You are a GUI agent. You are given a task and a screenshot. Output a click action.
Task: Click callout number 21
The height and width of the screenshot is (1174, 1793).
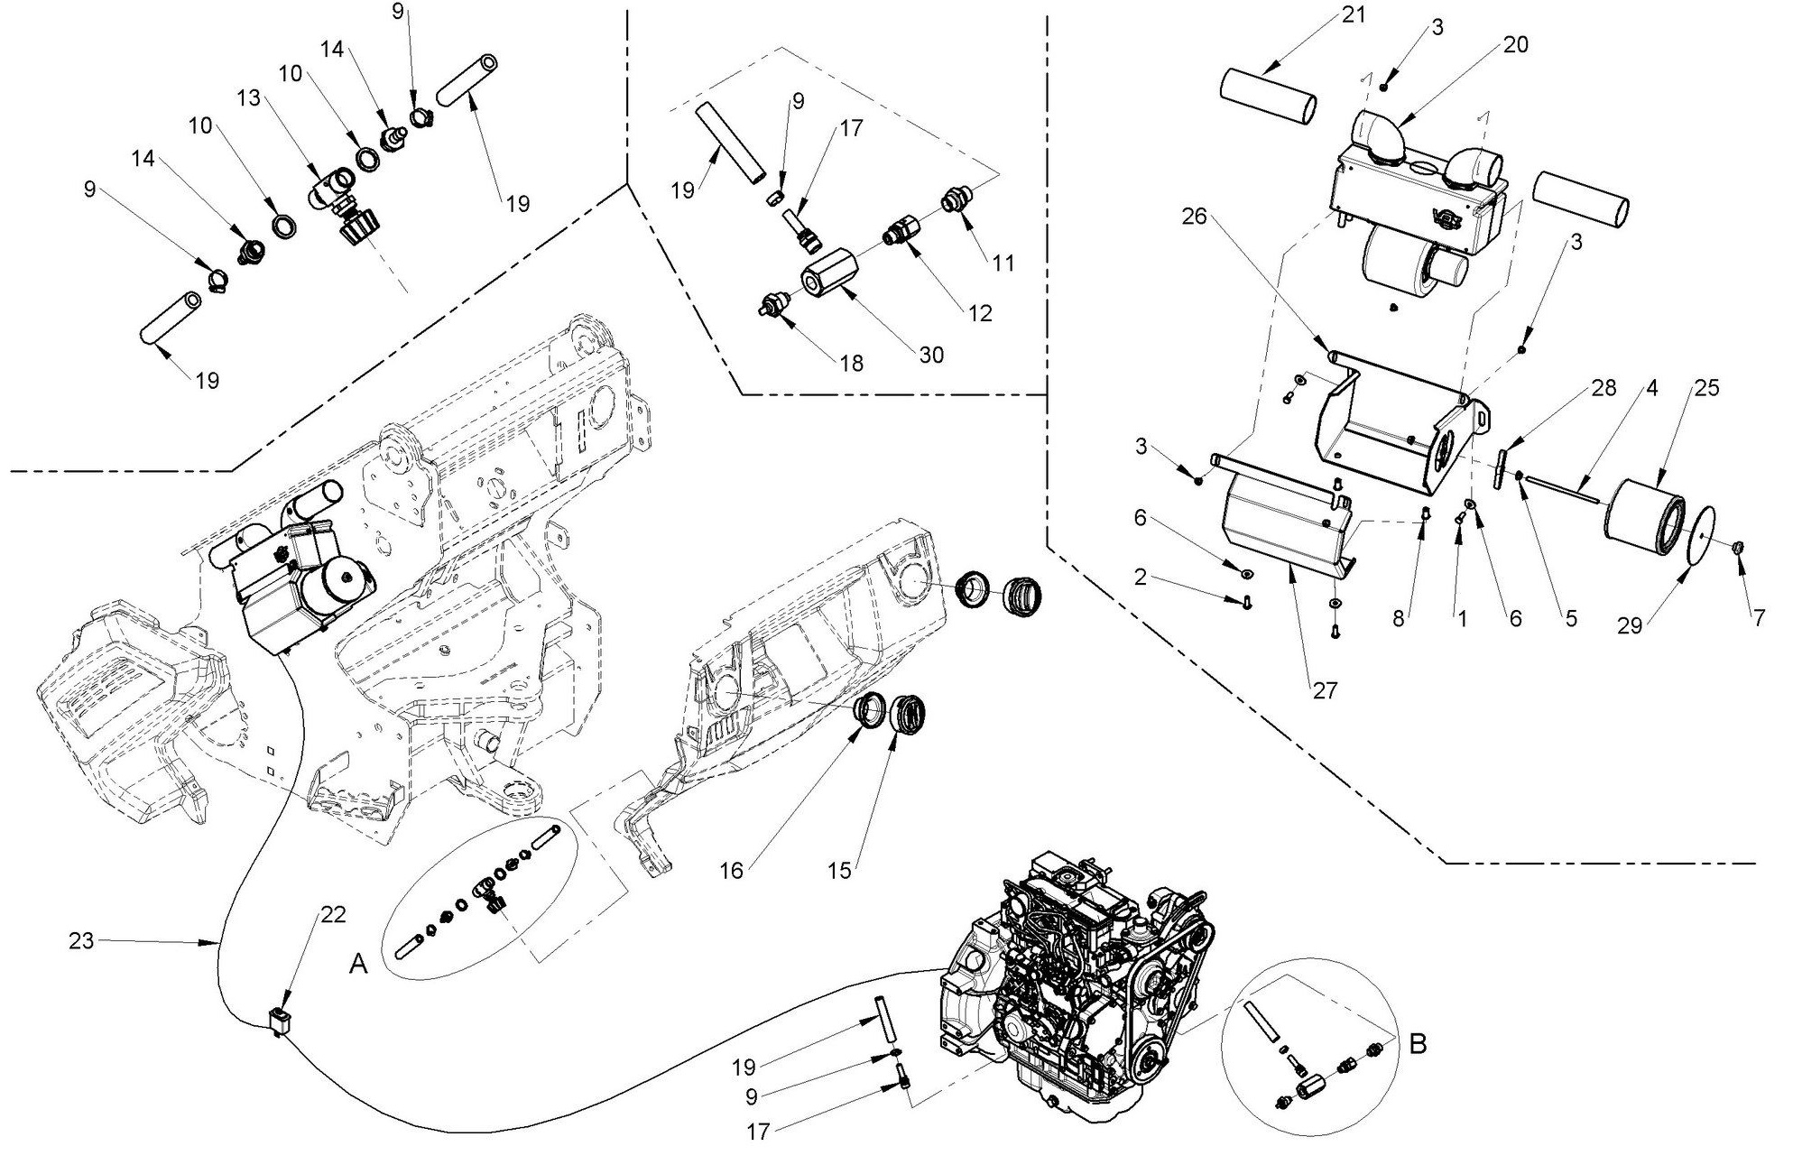point(1354,15)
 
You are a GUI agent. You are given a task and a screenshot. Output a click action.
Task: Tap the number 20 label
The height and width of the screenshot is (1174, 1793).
point(1516,43)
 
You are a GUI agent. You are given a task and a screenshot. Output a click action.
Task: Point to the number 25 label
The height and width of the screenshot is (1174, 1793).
point(1706,387)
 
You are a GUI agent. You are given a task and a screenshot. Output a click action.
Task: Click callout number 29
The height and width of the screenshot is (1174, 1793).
point(1630,625)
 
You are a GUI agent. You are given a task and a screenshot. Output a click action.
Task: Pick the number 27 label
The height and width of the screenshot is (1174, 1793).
point(1325,690)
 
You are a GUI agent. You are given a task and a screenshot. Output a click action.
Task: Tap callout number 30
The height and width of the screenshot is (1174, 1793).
point(930,355)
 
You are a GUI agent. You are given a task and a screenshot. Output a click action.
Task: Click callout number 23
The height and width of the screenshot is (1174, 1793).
point(82,941)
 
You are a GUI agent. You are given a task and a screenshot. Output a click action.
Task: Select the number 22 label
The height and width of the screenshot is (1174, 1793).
point(333,914)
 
